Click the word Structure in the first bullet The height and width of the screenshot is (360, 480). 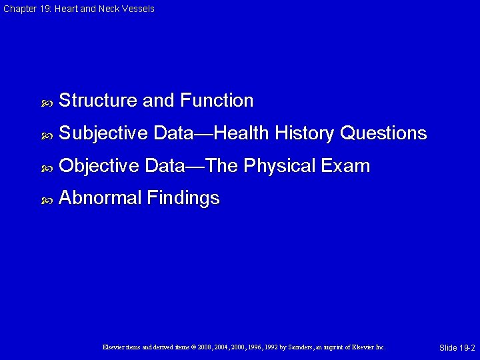point(99,101)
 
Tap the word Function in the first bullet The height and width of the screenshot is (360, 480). point(217,101)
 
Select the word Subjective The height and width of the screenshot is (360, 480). point(103,133)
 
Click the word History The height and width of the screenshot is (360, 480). point(303,133)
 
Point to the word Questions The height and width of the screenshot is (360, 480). point(383,133)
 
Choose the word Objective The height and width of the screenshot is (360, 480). point(99,166)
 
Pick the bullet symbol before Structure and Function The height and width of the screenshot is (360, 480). point(47,103)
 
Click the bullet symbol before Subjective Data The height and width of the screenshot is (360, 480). point(47,135)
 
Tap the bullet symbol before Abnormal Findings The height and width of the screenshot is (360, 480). point(47,200)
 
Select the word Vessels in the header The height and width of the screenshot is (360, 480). point(139,9)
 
